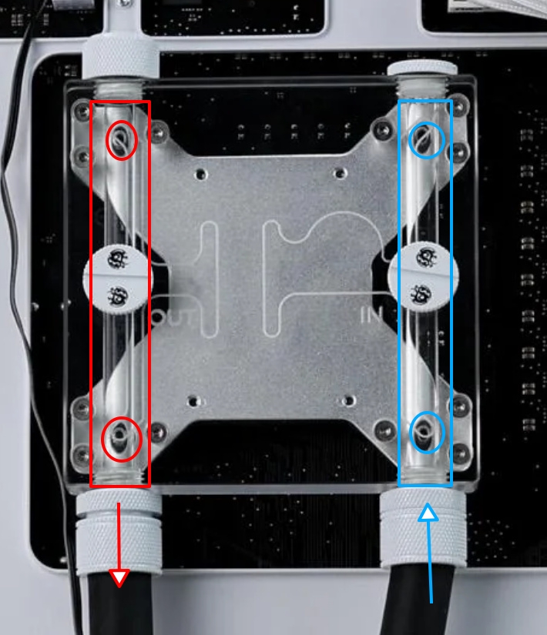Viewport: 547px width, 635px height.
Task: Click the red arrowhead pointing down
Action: (119, 577)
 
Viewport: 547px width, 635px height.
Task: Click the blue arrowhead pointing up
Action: (428, 512)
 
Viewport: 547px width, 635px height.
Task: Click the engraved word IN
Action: (371, 315)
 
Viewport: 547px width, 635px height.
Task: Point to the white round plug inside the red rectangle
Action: (118, 278)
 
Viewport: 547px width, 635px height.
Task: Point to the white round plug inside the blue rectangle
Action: (423, 276)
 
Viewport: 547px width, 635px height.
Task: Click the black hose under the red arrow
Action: (119, 603)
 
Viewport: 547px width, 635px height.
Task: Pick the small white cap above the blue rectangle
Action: (422, 68)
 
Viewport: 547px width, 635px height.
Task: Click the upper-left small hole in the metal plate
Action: (200, 174)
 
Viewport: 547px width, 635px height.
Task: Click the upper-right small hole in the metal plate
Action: (339, 173)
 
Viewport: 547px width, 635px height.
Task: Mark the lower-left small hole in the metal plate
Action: (193, 401)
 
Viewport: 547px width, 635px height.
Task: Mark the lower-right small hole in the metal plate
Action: (348, 400)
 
